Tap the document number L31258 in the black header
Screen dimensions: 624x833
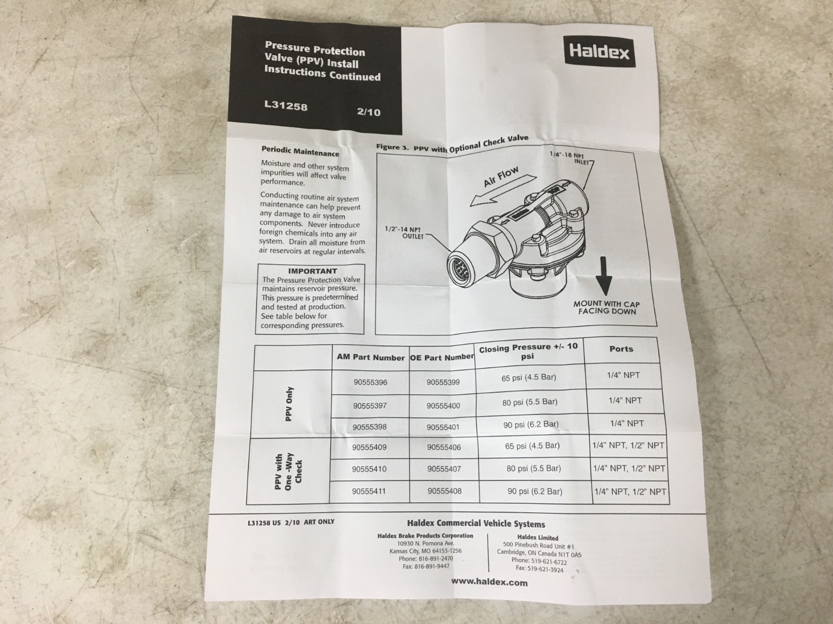[x=286, y=107]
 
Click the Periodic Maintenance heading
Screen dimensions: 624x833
[x=300, y=151]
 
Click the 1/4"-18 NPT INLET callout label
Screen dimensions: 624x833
[x=573, y=157]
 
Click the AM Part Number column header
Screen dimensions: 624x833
[x=371, y=358]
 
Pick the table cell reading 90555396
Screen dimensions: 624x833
[x=370, y=382]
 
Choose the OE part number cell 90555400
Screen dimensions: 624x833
[x=443, y=406]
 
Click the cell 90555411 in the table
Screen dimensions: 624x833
[x=369, y=490]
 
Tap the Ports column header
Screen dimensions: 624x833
[x=621, y=349]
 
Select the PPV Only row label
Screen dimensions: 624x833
[x=290, y=404]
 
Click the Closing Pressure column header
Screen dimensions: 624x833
[x=528, y=352]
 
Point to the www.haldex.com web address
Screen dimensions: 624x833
[x=489, y=582]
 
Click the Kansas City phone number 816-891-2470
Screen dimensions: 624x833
[x=425, y=558]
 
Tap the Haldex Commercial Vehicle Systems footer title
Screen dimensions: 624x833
[x=476, y=524]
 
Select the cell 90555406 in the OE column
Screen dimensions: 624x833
[x=444, y=447]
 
